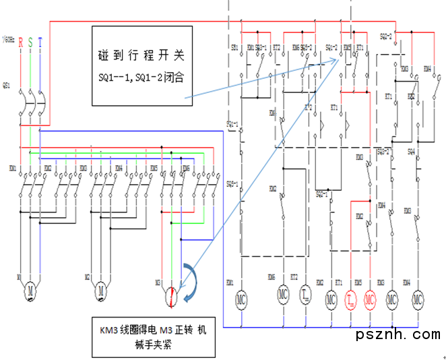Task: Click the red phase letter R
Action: click(21, 42)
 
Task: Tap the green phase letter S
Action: click(30, 42)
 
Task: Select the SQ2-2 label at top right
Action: click(386, 35)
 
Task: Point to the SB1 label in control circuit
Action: click(234, 48)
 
